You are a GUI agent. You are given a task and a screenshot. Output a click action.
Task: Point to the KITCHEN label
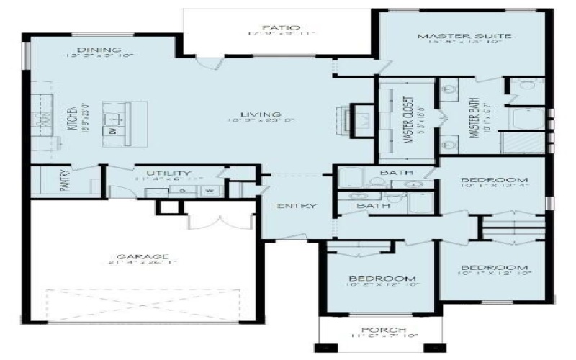(x=72, y=114)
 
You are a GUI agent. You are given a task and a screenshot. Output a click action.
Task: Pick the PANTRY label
(x=65, y=181)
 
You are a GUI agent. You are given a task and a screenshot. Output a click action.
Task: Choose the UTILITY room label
(x=168, y=174)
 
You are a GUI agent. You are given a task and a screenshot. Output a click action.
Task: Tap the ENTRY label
(x=297, y=207)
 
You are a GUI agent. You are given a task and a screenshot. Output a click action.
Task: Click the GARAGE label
(x=142, y=256)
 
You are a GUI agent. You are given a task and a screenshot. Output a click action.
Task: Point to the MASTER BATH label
(x=475, y=119)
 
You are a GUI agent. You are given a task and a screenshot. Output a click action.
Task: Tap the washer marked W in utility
(x=210, y=192)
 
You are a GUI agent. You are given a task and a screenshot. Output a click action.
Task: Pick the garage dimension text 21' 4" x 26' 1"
(x=142, y=264)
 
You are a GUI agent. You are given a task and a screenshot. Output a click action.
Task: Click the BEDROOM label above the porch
(x=382, y=279)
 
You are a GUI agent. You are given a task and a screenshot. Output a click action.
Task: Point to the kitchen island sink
(x=115, y=114)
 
